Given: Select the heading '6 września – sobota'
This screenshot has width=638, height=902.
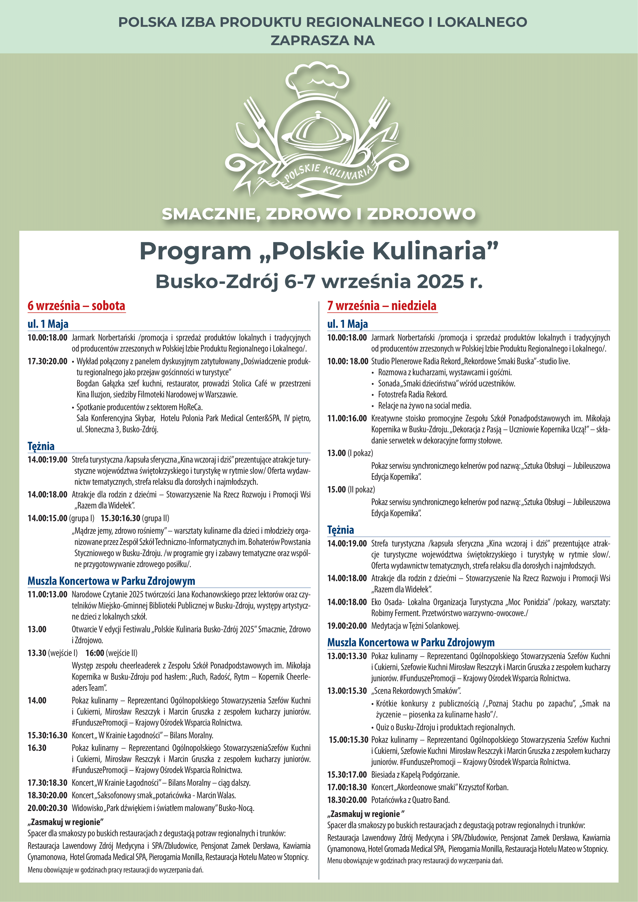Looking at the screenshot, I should pyautogui.click(x=76, y=306).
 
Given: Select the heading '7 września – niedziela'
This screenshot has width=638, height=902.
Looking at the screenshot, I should pyautogui.click(x=382, y=306).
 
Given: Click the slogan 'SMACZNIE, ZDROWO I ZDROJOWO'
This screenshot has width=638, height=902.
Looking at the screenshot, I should pyautogui.click(x=319, y=214).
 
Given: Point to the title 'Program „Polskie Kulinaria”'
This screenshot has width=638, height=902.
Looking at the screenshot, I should pyautogui.click(x=319, y=251).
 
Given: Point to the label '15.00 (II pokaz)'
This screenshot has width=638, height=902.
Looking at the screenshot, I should pyautogui.click(x=351, y=490).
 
